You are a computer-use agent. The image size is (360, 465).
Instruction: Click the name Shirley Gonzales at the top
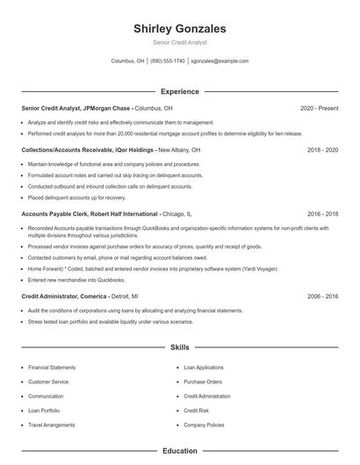tap(179, 29)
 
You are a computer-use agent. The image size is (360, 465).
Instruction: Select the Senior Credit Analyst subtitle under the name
tap(179, 43)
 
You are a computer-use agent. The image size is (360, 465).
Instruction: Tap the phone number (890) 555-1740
tap(168, 61)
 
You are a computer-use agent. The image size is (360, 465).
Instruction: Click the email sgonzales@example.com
tap(220, 61)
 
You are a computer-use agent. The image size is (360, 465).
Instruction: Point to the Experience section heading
tap(179, 91)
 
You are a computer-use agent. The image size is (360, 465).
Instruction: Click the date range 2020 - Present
tap(319, 108)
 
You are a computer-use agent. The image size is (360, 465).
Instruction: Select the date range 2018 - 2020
tap(322, 150)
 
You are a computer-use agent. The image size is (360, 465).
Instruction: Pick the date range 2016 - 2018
tap(322, 213)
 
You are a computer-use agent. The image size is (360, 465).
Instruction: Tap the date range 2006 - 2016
tap(322, 297)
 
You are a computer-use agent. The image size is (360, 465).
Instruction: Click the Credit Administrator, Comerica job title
tap(64, 297)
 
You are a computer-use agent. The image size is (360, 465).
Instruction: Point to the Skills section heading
tap(179, 347)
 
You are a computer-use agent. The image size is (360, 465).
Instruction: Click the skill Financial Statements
tap(53, 368)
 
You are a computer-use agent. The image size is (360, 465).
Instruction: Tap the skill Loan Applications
tap(204, 368)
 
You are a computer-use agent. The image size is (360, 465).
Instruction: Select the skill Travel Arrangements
tap(53, 425)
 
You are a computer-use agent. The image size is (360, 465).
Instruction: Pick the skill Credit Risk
tap(196, 411)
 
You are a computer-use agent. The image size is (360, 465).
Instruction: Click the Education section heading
tap(179, 451)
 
